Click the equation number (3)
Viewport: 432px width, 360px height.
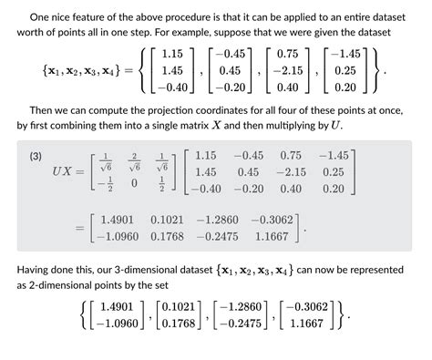(x=36, y=157)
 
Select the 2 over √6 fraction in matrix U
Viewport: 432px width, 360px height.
(x=134, y=159)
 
